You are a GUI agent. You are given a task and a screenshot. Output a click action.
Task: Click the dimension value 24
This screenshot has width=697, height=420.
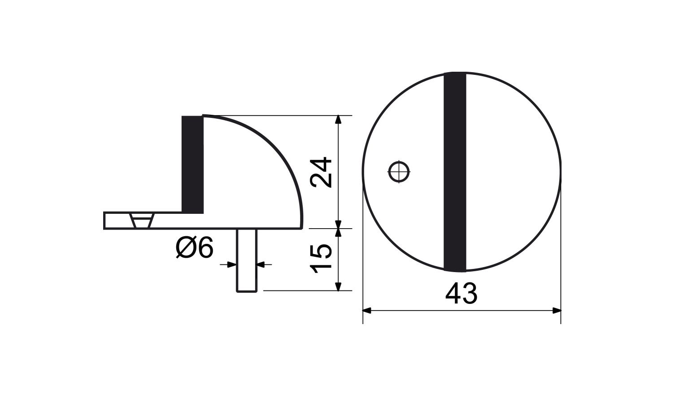[322, 172]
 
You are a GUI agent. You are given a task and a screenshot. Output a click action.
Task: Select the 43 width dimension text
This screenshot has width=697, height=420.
[461, 294]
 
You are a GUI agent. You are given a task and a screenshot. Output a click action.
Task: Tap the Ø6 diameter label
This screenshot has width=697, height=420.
[195, 247]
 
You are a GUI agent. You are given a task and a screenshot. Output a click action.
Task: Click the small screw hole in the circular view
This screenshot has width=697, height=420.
[399, 171]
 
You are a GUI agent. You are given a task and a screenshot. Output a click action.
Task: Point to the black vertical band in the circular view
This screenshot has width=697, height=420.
[455, 172]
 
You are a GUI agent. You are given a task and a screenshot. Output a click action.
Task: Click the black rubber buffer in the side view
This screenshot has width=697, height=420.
[192, 165]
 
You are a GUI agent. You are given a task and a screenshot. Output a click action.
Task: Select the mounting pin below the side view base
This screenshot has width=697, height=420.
[247, 260]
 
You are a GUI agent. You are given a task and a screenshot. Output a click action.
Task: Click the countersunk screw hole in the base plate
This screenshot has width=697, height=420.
[142, 221]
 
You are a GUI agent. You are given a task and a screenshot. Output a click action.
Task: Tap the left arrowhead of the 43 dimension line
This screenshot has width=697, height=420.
[367, 311]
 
